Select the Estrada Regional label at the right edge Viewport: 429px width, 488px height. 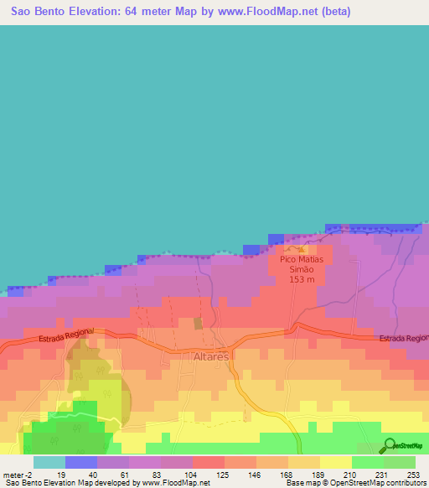tap(403, 338)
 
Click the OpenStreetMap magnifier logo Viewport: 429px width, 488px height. tap(390, 444)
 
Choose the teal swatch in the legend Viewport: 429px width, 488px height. tap(49, 462)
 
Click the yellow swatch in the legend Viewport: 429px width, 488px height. tap(335, 462)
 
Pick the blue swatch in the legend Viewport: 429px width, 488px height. tap(80, 462)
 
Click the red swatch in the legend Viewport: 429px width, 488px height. tap(208, 462)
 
